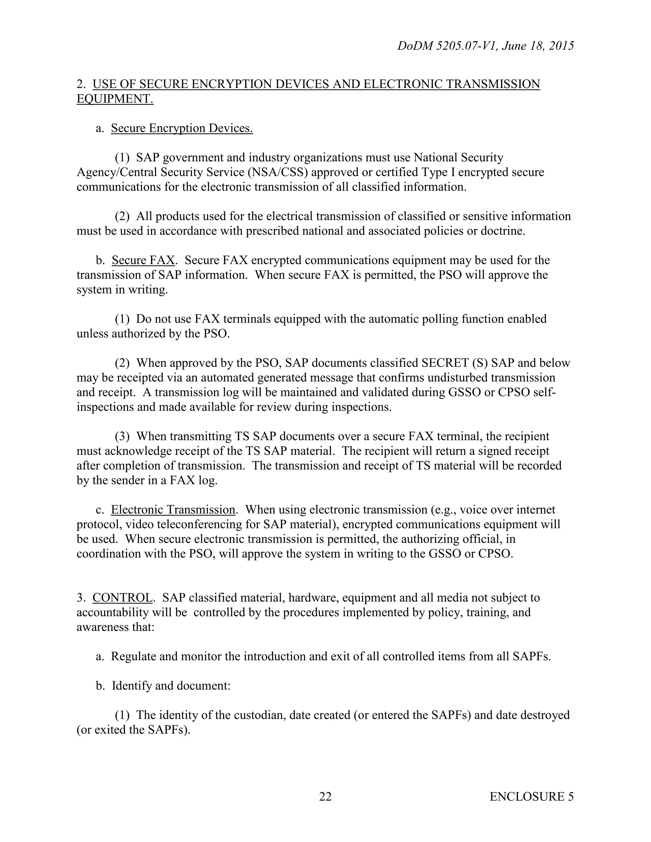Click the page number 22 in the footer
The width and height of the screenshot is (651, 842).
(x=325, y=796)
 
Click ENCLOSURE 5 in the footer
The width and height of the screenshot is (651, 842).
(x=531, y=796)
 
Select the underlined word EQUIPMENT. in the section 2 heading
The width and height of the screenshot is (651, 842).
(x=115, y=99)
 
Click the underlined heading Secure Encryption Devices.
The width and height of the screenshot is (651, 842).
(x=182, y=128)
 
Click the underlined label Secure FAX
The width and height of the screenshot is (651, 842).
(x=143, y=260)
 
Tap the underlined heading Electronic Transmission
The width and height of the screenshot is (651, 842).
(x=173, y=510)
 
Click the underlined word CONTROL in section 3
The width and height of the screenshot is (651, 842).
(x=123, y=598)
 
